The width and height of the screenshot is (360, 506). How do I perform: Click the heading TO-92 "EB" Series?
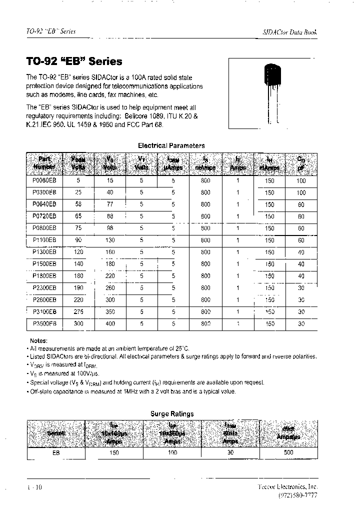pyautogui.click(x=73, y=61)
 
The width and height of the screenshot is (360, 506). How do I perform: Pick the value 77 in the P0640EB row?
pyautogui.click(x=109, y=204)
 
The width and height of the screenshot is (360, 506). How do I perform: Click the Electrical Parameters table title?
pyautogui.click(x=171, y=145)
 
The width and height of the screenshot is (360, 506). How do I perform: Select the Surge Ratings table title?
pyautogui.click(x=172, y=413)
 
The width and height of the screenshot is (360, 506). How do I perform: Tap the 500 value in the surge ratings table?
pyautogui.click(x=288, y=452)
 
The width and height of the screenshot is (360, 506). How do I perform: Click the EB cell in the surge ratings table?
pyautogui.click(x=56, y=452)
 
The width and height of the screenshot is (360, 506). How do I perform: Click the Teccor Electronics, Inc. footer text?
pyautogui.click(x=287, y=486)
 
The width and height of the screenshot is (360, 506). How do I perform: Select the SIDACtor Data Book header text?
pyautogui.click(x=289, y=32)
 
